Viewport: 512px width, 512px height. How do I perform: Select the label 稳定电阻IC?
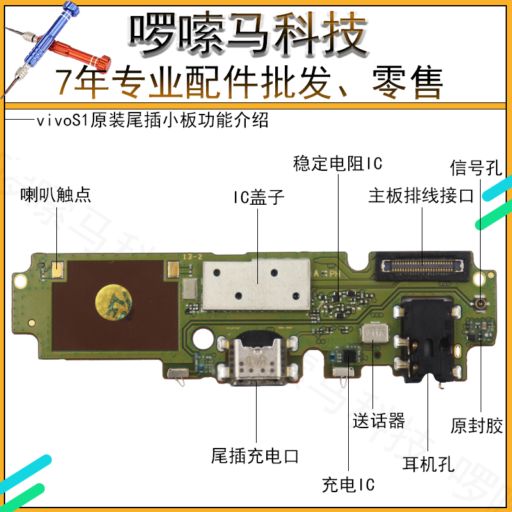click(x=337, y=164)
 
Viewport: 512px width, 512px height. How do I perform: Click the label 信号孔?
click(x=477, y=168)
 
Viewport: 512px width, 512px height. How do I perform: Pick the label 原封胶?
click(x=477, y=425)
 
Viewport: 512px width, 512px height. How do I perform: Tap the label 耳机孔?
click(x=428, y=464)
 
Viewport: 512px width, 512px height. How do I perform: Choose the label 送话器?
click(x=378, y=421)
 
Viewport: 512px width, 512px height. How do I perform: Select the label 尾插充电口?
click(x=255, y=456)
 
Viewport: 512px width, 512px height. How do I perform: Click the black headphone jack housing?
click(x=424, y=342)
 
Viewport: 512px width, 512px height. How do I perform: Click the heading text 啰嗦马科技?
click(x=249, y=32)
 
